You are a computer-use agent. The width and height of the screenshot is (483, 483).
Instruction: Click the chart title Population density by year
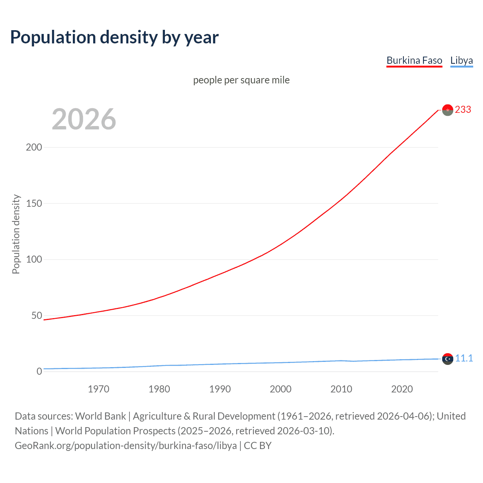(114, 37)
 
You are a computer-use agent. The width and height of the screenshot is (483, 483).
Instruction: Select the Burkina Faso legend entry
(414, 60)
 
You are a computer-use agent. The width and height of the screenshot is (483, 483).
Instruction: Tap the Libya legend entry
(461, 60)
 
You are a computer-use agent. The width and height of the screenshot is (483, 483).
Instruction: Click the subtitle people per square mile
(241, 80)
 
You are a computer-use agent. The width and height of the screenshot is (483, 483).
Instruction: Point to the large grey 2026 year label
(84, 119)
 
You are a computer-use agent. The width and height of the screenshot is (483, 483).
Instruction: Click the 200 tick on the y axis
(34, 147)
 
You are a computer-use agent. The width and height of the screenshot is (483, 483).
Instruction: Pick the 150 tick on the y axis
(34, 203)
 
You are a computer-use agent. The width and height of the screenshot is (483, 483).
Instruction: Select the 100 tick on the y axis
(34, 260)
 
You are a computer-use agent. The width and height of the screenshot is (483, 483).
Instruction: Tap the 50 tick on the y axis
(37, 315)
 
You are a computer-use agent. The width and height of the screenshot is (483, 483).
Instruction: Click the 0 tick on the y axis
(39, 372)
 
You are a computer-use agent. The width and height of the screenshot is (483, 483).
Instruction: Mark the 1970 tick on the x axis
(98, 389)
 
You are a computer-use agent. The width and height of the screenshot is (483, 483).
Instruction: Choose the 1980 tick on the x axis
(159, 389)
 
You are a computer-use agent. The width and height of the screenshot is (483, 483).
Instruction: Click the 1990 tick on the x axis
(220, 389)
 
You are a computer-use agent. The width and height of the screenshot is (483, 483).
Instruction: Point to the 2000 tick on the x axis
(280, 389)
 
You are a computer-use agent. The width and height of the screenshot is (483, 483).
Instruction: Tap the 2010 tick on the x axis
(341, 389)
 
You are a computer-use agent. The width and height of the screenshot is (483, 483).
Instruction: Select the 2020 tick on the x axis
(402, 389)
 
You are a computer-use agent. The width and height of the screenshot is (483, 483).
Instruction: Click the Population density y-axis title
(16, 234)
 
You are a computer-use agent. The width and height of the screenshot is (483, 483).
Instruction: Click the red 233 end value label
(463, 109)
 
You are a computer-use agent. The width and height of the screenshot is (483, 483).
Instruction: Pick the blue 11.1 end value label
(464, 358)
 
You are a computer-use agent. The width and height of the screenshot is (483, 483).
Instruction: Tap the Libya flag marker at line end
(448, 359)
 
